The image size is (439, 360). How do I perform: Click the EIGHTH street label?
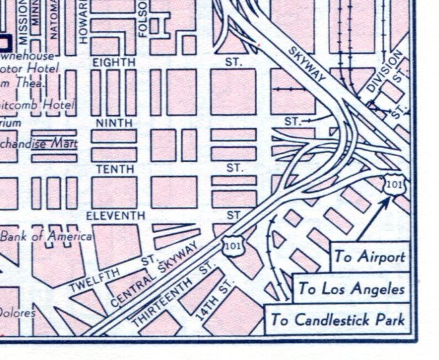tap(114, 62)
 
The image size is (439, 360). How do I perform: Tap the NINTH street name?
tap(114, 122)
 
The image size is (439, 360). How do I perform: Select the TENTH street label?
tap(114, 169)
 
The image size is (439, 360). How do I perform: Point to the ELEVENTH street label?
tap(115, 215)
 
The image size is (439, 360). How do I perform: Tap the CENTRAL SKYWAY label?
tap(154, 275)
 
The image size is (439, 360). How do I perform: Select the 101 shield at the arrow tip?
tap(394, 185)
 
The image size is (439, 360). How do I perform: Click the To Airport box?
tap(369, 257)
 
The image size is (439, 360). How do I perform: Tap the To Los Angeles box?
tap(351, 289)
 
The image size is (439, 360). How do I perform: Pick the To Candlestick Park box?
tap(337, 320)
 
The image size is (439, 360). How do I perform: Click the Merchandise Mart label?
tap(39, 144)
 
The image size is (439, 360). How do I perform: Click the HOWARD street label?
tap(83, 22)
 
